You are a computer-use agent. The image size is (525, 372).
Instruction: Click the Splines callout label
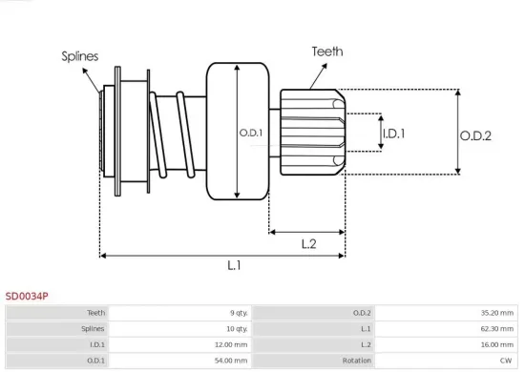click(x=80, y=56)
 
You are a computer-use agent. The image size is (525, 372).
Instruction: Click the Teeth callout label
click(x=327, y=52)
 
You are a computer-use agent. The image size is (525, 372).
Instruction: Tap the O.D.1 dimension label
click(x=251, y=132)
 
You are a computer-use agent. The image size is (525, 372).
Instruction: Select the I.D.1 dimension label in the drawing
click(x=393, y=133)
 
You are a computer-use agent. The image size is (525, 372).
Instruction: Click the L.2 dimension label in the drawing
click(x=308, y=243)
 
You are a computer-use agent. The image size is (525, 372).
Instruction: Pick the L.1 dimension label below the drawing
click(x=234, y=265)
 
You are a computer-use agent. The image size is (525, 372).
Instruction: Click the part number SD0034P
click(x=27, y=297)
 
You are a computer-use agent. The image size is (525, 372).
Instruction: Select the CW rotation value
click(x=507, y=361)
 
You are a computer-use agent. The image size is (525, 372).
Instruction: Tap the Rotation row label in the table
click(x=356, y=361)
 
